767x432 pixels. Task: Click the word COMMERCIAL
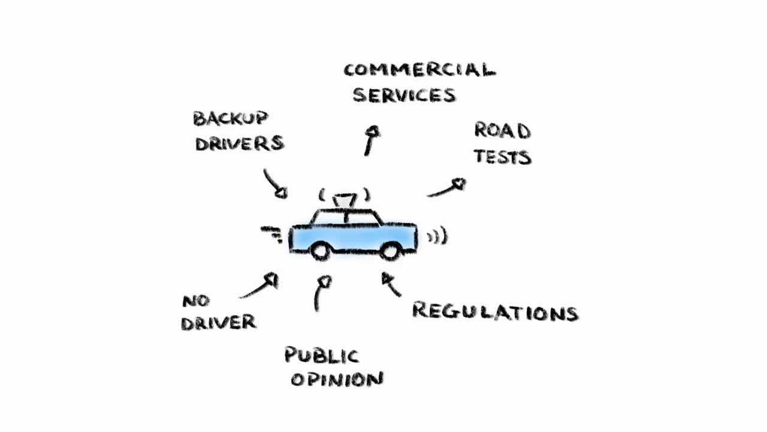point(419,70)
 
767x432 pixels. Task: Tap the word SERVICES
point(404,95)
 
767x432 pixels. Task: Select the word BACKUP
point(230,118)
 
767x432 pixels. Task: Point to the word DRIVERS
point(239,144)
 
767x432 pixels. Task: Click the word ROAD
point(502,130)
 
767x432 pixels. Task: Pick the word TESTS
point(502,157)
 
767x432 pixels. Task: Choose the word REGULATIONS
point(495,312)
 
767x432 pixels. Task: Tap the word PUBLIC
point(322,355)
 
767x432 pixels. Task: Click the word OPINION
point(337,379)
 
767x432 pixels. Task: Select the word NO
point(196,301)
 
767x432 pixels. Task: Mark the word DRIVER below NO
point(219,323)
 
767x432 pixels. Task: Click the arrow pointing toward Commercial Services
point(372,140)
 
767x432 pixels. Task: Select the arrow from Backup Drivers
point(275,184)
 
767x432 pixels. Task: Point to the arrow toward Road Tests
point(446,188)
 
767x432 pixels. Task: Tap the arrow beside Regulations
point(391,284)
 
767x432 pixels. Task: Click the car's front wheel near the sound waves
point(390,251)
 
